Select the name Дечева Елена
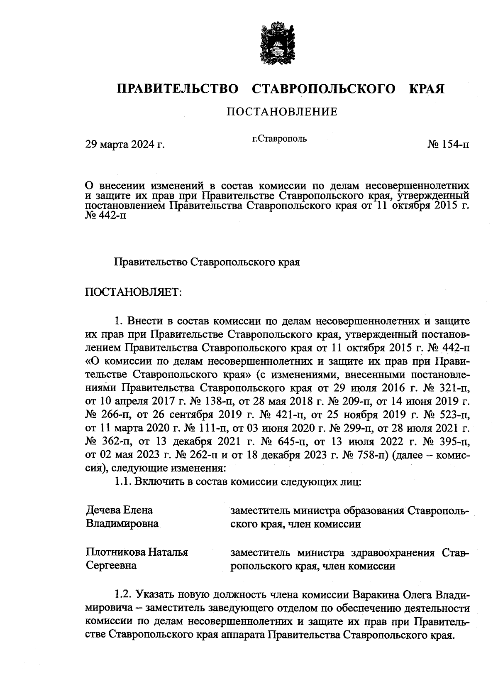[x=119, y=510]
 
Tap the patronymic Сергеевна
[x=111, y=565]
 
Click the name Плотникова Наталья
[x=137, y=552]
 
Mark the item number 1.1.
[x=123, y=482]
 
